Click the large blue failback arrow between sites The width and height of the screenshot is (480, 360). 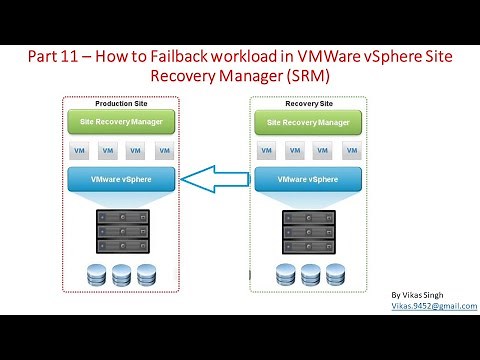[x=214, y=181]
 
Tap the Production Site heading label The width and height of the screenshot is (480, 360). [x=121, y=104]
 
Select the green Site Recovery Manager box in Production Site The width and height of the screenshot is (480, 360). [x=121, y=122]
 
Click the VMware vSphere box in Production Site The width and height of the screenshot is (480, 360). [x=121, y=181]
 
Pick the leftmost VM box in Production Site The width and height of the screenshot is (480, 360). [x=80, y=151]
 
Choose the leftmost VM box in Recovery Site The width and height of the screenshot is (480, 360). [x=266, y=151]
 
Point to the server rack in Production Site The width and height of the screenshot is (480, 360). [x=121, y=231]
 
